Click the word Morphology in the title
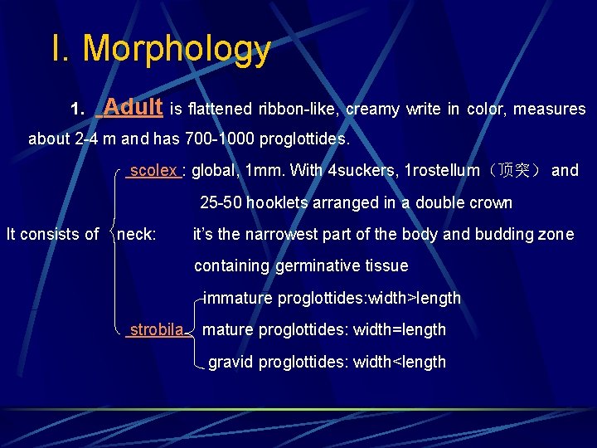[177, 49]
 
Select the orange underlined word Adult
[133, 107]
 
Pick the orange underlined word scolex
[154, 171]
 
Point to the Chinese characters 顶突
[513, 171]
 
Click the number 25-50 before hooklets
[219, 202]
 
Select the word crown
[491, 202]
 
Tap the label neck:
[137, 234]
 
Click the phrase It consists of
[52, 234]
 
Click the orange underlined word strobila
[156, 330]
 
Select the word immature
[238, 298]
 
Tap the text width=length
[400, 330]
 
